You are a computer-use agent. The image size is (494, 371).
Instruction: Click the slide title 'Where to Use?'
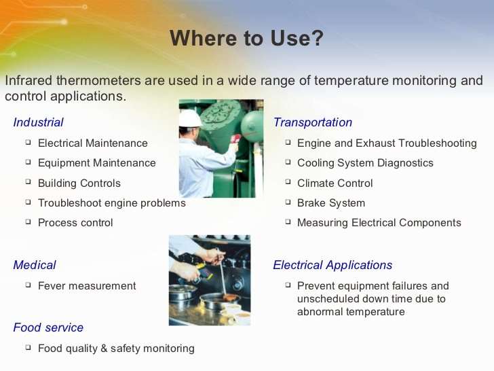(x=246, y=39)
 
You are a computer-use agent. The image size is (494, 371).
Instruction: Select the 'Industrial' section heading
(x=38, y=122)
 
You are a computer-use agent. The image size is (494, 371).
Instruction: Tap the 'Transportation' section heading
(x=313, y=122)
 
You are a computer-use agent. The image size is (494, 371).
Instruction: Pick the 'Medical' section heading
(x=35, y=265)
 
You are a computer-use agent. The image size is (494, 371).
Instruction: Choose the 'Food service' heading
(x=48, y=328)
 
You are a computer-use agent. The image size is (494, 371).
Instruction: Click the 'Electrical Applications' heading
(x=332, y=265)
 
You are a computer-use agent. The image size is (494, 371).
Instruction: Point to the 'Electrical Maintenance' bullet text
(x=92, y=143)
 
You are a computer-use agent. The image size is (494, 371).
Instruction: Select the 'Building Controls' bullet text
(x=79, y=183)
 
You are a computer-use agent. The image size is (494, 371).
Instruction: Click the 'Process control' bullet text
(x=75, y=222)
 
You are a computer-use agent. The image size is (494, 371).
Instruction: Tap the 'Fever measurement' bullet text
(x=87, y=286)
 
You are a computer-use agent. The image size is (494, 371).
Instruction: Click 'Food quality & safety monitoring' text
(x=116, y=349)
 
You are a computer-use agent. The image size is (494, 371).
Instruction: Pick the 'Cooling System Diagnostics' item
(x=365, y=163)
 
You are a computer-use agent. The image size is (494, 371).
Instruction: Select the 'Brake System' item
(x=330, y=202)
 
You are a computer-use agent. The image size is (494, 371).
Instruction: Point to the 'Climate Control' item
(x=335, y=183)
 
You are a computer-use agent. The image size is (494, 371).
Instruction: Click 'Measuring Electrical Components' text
(x=379, y=222)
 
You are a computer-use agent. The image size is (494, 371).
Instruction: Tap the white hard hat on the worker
(x=191, y=118)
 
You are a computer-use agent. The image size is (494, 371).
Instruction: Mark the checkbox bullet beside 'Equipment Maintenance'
(x=28, y=162)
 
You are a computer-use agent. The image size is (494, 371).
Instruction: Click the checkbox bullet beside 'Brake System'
(x=288, y=202)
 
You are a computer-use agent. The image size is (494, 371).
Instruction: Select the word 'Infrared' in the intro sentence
(x=27, y=80)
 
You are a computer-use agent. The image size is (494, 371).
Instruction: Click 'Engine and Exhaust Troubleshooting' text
(x=387, y=143)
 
